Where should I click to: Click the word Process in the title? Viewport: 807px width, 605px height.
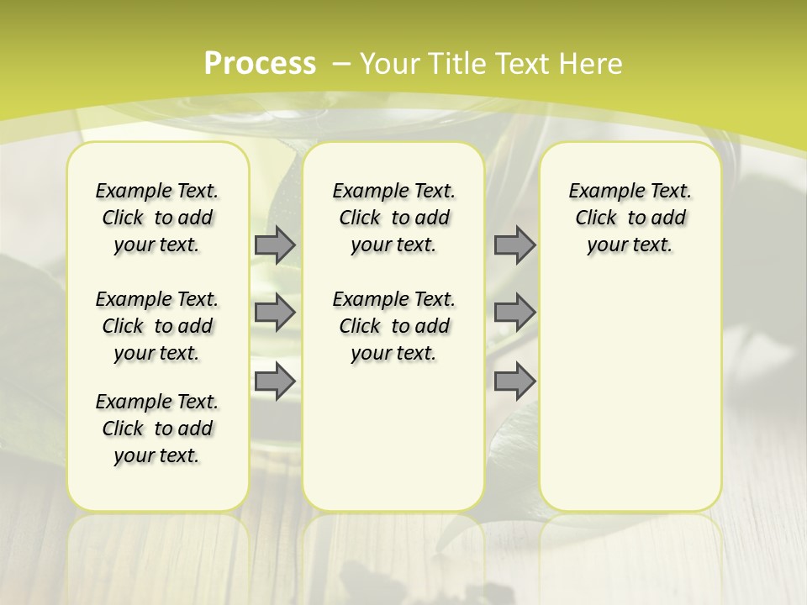point(260,63)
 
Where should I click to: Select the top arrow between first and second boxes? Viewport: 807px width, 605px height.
point(275,245)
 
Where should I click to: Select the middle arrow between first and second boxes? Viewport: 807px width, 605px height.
point(275,313)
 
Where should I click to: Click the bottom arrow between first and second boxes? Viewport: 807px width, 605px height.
point(275,381)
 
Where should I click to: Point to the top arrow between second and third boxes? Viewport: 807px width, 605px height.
point(514,245)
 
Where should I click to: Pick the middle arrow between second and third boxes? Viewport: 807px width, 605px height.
point(514,313)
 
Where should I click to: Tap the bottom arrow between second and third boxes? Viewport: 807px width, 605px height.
point(514,381)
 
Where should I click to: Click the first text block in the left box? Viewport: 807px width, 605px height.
point(157,218)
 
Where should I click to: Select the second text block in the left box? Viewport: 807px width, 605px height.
point(157,326)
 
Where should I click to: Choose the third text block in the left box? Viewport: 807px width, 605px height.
point(157,429)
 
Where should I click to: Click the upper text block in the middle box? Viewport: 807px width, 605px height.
point(393,218)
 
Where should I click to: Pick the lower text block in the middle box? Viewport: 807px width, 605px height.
point(393,326)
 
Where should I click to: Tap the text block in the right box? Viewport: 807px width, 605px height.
point(630,218)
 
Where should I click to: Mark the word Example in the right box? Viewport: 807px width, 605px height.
point(599,192)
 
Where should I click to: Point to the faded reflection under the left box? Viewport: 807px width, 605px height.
point(158,546)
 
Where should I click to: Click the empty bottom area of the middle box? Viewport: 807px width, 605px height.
point(393,445)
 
